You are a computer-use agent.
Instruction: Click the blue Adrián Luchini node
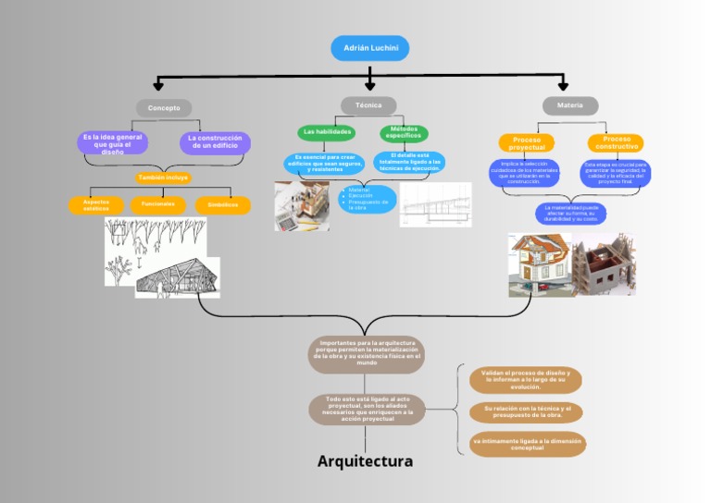(369, 48)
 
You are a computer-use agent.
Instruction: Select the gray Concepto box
(164, 108)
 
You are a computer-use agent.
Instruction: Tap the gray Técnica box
(368, 105)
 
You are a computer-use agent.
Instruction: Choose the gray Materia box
(569, 106)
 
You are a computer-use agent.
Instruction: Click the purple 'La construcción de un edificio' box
(215, 142)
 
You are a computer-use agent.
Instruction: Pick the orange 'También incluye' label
(163, 178)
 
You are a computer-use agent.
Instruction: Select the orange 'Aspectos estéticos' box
(96, 204)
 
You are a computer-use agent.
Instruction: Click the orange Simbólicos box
(222, 204)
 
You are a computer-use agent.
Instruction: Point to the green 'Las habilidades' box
(327, 132)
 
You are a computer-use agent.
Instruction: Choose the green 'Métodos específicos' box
(404, 133)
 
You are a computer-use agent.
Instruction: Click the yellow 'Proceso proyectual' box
(527, 143)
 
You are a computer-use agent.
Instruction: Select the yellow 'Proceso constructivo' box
(616, 143)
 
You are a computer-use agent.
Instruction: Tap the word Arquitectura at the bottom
(365, 460)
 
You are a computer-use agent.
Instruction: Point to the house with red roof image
(540, 264)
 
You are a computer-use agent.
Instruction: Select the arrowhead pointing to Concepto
(158, 85)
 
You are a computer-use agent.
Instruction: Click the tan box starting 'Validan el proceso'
(525, 379)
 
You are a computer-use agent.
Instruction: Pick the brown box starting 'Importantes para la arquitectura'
(367, 354)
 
